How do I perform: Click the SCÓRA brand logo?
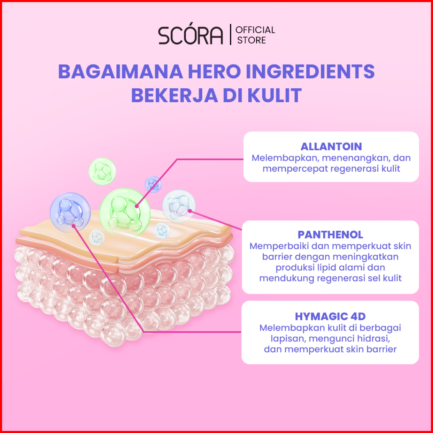coord(191,36)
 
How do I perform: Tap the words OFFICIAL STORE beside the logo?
coord(255,35)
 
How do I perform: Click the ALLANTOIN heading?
coord(331,147)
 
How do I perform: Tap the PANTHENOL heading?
coord(330,234)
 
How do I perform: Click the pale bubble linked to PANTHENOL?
coord(179,205)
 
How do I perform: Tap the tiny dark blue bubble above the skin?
coord(153,184)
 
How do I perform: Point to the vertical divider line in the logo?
coord(230,35)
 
